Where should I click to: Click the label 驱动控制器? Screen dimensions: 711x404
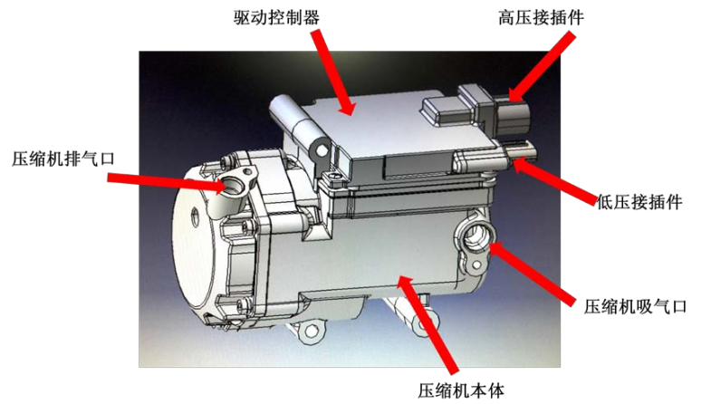[x=276, y=18]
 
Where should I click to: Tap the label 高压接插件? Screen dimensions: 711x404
[x=541, y=18]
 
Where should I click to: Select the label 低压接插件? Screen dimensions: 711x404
[x=639, y=202]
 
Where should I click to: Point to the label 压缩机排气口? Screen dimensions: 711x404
[x=63, y=159]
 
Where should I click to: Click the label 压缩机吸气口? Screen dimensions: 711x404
[x=635, y=307]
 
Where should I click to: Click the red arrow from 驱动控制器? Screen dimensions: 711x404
[x=332, y=72]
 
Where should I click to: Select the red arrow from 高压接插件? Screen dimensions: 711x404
[x=541, y=68]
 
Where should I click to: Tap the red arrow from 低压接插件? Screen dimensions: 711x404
[x=554, y=180]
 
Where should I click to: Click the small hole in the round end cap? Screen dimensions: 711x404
[x=196, y=213]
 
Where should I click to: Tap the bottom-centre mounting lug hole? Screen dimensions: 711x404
[x=311, y=331]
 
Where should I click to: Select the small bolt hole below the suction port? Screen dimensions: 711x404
[x=476, y=265]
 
